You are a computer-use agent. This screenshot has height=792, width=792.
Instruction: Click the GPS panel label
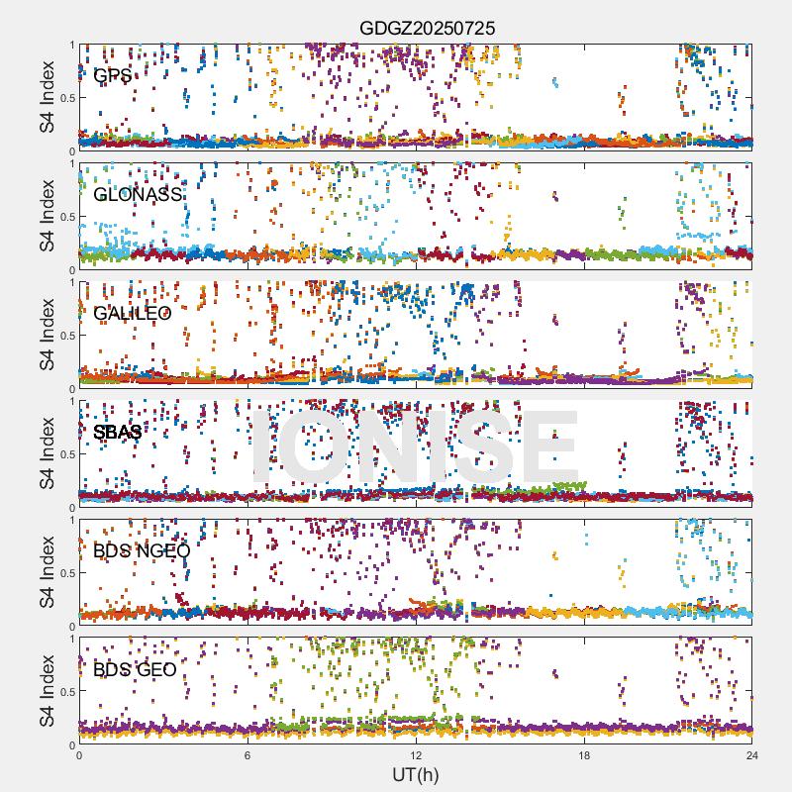coord(113,75)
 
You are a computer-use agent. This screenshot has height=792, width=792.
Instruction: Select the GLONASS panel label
coord(138,194)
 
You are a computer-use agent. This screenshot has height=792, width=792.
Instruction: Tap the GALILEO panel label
coord(133,313)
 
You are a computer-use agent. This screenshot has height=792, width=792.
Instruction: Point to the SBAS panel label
coord(118,432)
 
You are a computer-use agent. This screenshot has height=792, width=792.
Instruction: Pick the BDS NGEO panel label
coord(142,550)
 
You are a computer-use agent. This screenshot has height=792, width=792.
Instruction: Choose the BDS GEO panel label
coord(135,669)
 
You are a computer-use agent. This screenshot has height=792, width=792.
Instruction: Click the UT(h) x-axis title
coord(415,773)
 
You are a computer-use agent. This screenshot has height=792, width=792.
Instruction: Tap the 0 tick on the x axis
coord(79,755)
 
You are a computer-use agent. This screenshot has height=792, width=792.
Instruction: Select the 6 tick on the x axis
coord(247,755)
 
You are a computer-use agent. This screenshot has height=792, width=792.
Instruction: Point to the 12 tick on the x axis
coord(416,755)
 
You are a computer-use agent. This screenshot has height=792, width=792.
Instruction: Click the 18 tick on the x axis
coord(584,755)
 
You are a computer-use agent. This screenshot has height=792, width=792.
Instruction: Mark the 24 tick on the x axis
coord(752,755)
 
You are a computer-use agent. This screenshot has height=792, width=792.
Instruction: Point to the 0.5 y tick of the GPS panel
coord(64,97)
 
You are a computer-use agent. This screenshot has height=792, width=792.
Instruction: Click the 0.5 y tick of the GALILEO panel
coord(64,335)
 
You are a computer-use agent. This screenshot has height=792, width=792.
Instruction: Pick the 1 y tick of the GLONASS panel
coord(71,164)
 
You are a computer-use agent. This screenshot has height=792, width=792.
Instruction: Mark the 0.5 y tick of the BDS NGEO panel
coord(64,572)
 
